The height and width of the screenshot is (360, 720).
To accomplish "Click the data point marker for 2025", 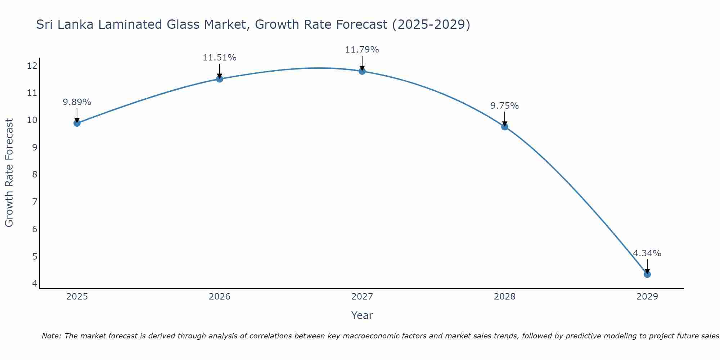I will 77,123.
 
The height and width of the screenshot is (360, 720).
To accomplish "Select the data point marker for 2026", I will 220,79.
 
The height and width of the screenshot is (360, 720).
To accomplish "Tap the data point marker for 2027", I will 362,71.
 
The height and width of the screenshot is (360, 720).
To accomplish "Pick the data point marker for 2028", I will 505,127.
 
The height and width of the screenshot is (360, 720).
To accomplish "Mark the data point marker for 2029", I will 647,274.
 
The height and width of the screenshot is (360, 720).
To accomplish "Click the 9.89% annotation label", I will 77,102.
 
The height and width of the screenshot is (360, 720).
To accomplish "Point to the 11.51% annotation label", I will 220,58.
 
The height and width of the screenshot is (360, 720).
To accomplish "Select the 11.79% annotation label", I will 362,50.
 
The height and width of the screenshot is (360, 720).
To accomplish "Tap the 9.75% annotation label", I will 505,106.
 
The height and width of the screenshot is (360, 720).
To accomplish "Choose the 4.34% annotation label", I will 647,253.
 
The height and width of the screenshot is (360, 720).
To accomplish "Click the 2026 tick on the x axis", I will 220,297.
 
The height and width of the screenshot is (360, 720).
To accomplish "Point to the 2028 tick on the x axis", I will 505,297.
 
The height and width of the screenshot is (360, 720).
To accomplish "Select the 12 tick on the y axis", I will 32,66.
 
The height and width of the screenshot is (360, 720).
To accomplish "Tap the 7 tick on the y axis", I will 35,202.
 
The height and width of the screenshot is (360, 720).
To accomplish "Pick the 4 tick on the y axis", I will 35,283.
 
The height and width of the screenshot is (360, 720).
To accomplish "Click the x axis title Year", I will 362,315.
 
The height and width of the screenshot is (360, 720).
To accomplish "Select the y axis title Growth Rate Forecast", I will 9,173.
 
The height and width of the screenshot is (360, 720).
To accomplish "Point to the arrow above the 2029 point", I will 647,266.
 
